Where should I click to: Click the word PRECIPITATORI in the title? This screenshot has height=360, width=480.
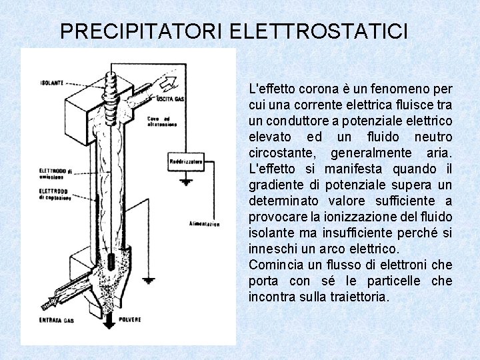(x=141, y=31)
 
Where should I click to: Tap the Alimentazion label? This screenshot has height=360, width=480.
(x=204, y=224)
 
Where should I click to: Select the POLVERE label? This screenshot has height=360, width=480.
(x=130, y=320)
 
